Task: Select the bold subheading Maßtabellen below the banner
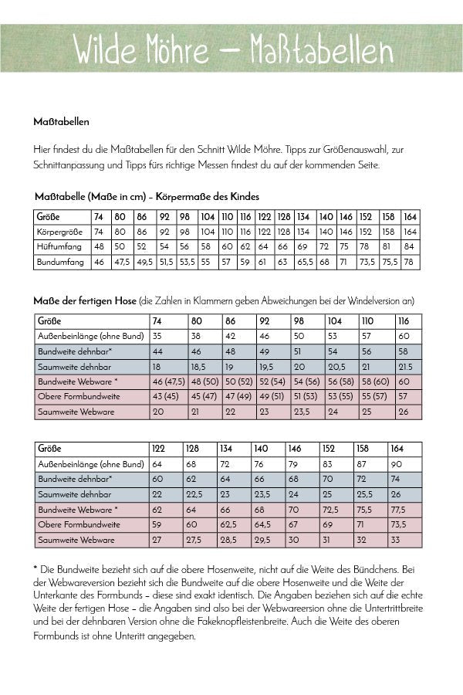(x=62, y=121)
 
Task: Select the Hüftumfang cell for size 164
(x=410, y=246)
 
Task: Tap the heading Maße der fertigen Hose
(x=85, y=300)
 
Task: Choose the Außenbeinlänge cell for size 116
(x=404, y=337)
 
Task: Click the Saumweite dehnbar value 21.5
(x=405, y=367)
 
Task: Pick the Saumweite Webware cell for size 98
(x=303, y=412)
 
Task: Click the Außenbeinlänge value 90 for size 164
(x=396, y=464)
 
